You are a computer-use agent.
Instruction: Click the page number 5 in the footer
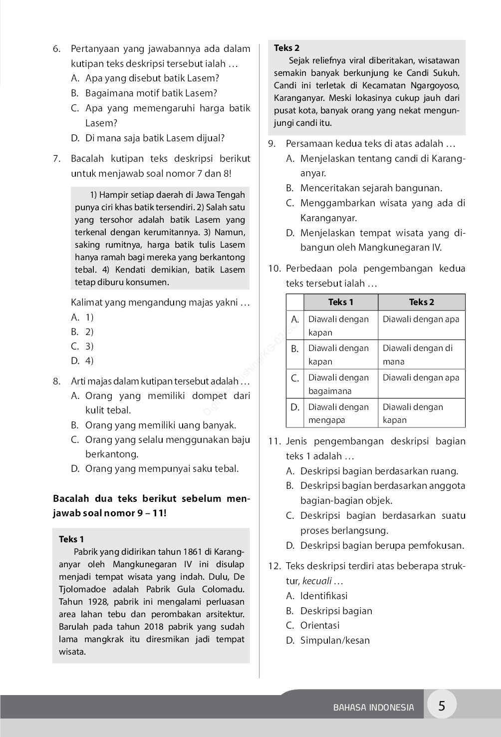click(441, 706)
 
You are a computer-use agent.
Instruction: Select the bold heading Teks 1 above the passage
click(71, 539)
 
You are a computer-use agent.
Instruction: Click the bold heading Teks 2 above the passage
click(287, 48)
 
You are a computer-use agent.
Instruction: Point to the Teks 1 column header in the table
click(341, 302)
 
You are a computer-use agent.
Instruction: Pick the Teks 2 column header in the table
click(422, 302)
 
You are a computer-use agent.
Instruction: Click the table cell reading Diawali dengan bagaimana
click(338, 384)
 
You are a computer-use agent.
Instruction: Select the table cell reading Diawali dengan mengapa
click(338, 413)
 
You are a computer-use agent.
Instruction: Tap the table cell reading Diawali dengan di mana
click(418, 355)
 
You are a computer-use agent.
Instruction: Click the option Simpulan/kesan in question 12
click(335, 640)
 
